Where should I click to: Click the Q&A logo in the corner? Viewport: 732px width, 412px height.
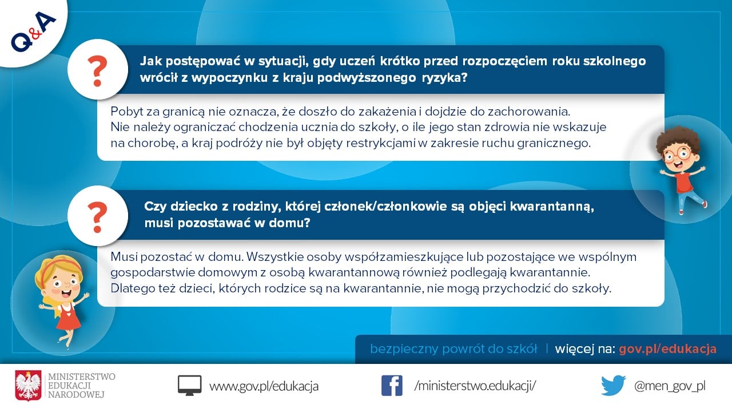pos(33,31)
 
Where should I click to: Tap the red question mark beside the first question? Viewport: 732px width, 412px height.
pos(97,71)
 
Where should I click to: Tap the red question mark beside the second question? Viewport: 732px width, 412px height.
pos(97,217)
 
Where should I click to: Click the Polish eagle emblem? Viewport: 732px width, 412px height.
pos(28,386)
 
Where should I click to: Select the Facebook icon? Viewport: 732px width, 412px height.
pos(392,386)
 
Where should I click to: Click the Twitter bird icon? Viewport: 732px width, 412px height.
pos(614,385)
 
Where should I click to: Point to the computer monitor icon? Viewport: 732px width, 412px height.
pos(189,386)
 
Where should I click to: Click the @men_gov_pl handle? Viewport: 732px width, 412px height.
pos(670,386)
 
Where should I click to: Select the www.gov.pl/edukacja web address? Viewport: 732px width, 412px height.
pos(264,386)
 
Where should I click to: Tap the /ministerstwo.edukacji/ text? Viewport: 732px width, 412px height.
pos(475,386)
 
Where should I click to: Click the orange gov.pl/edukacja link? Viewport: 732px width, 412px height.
pos(667,349)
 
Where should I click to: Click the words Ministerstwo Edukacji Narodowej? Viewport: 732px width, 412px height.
pos(81,386)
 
